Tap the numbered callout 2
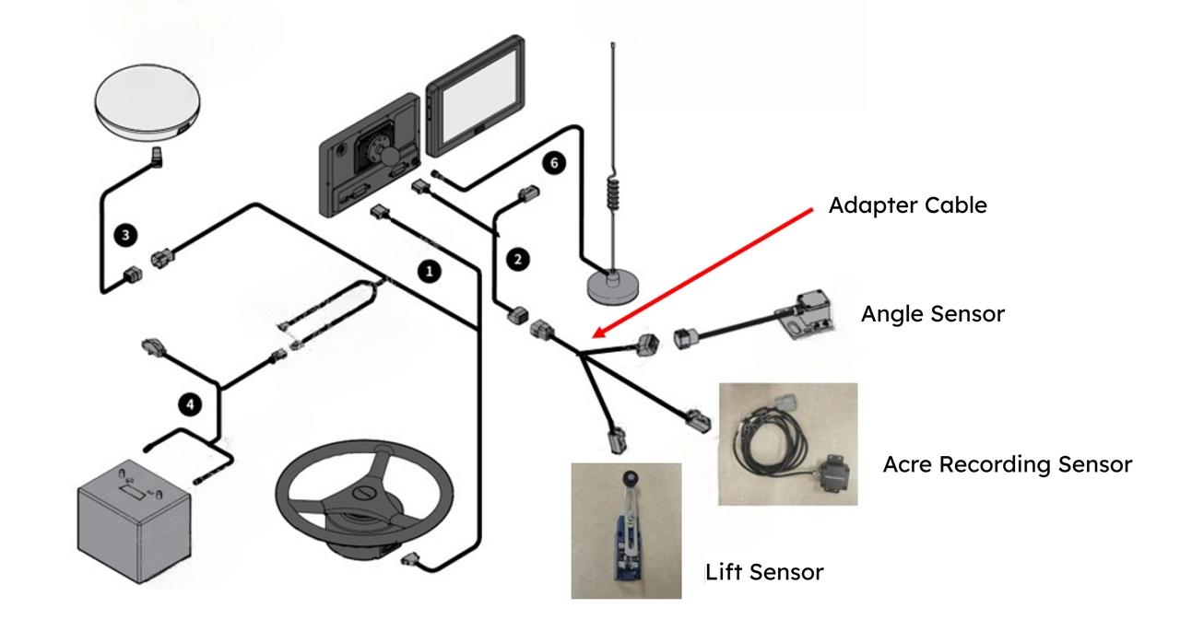(x=519, y=259)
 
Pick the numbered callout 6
(x=552, y=163)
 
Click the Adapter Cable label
(x=907, y=205)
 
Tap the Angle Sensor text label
(x=932, y=314)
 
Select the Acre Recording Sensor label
(x=1007, y=464)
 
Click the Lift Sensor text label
(x=764, y=572)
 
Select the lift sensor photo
(x=626, y=531)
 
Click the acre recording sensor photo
(x=787, y=444)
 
